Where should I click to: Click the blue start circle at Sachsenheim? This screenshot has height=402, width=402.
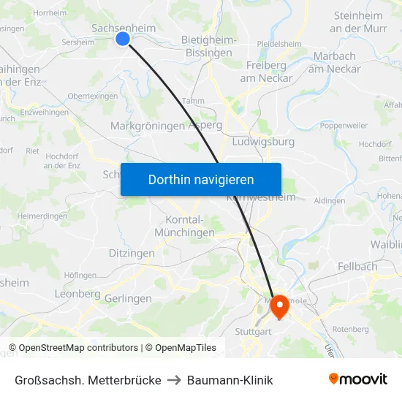123,39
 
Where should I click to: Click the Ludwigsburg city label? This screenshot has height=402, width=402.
262,141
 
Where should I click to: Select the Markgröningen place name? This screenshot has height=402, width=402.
147,126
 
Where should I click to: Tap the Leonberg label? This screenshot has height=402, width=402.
77,293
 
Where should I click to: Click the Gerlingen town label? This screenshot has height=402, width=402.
128,298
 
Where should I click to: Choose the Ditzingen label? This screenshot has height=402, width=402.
132,253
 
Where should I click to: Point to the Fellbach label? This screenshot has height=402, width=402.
357,267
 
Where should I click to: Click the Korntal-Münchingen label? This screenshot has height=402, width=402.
185,226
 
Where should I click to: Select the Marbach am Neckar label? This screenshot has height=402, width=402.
334,62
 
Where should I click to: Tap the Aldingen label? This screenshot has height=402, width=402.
329,200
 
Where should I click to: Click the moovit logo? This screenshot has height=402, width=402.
357,379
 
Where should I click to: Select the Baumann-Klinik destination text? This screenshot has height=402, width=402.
230,380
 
